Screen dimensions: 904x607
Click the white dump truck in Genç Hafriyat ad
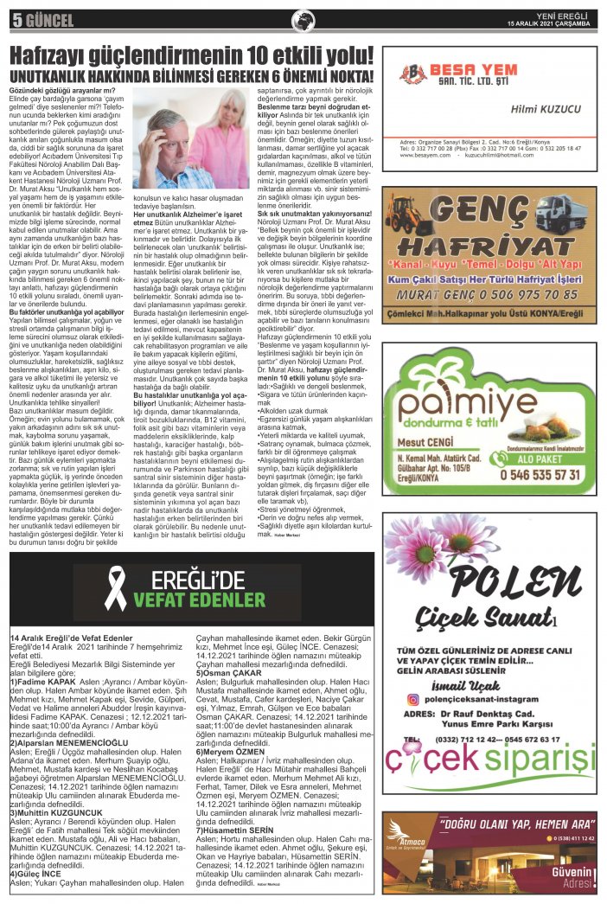tap(562, 213)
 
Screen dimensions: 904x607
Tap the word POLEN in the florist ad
tap(490, 578)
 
